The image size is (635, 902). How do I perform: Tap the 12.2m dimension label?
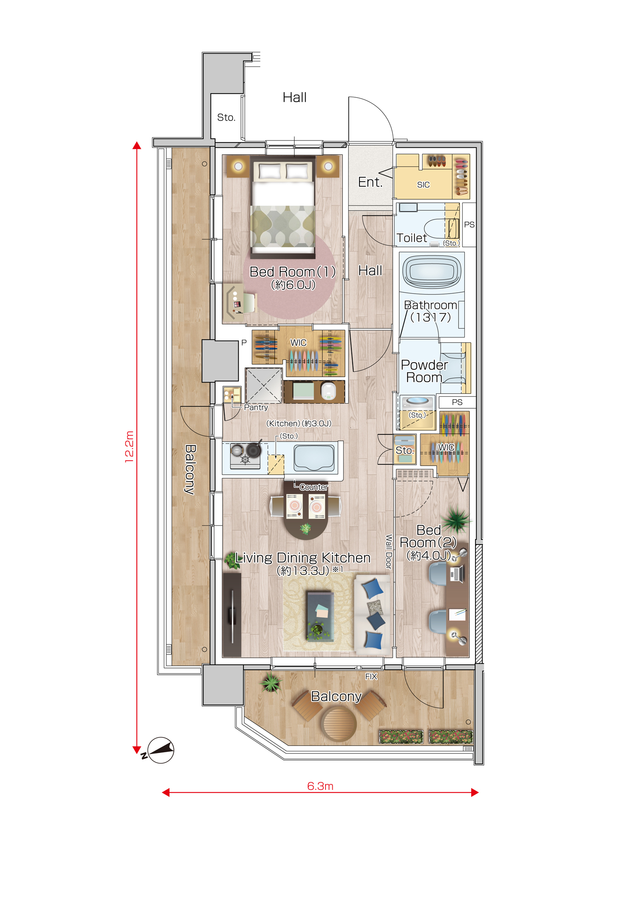129,447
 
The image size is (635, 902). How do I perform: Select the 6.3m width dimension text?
320,786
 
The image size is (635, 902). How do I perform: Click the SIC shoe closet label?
423,184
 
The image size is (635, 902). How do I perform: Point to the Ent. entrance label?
370,182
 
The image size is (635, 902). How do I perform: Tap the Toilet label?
411,238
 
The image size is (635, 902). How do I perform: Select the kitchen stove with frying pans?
246,455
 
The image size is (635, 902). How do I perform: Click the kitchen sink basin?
314,458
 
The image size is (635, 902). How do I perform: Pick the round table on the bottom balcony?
338,724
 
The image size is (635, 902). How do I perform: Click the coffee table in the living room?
320,616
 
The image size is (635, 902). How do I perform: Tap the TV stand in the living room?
232,615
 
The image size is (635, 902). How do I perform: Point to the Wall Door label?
389,552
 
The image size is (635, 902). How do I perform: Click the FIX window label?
371,676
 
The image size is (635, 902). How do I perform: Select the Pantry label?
256,407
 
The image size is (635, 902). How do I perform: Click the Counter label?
313,487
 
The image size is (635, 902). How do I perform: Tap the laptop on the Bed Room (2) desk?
457,574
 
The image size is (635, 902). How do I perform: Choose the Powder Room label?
424,371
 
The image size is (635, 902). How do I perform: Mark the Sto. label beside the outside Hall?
226,117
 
